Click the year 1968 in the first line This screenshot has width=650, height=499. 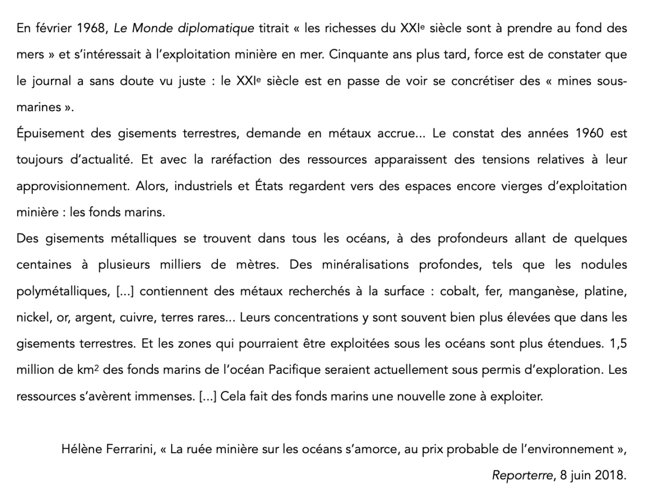91,28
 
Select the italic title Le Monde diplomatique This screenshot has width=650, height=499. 184,28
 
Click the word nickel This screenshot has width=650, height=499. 32,317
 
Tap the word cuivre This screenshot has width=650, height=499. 137,317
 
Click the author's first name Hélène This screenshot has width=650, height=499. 80,449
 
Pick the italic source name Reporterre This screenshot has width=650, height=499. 522,475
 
